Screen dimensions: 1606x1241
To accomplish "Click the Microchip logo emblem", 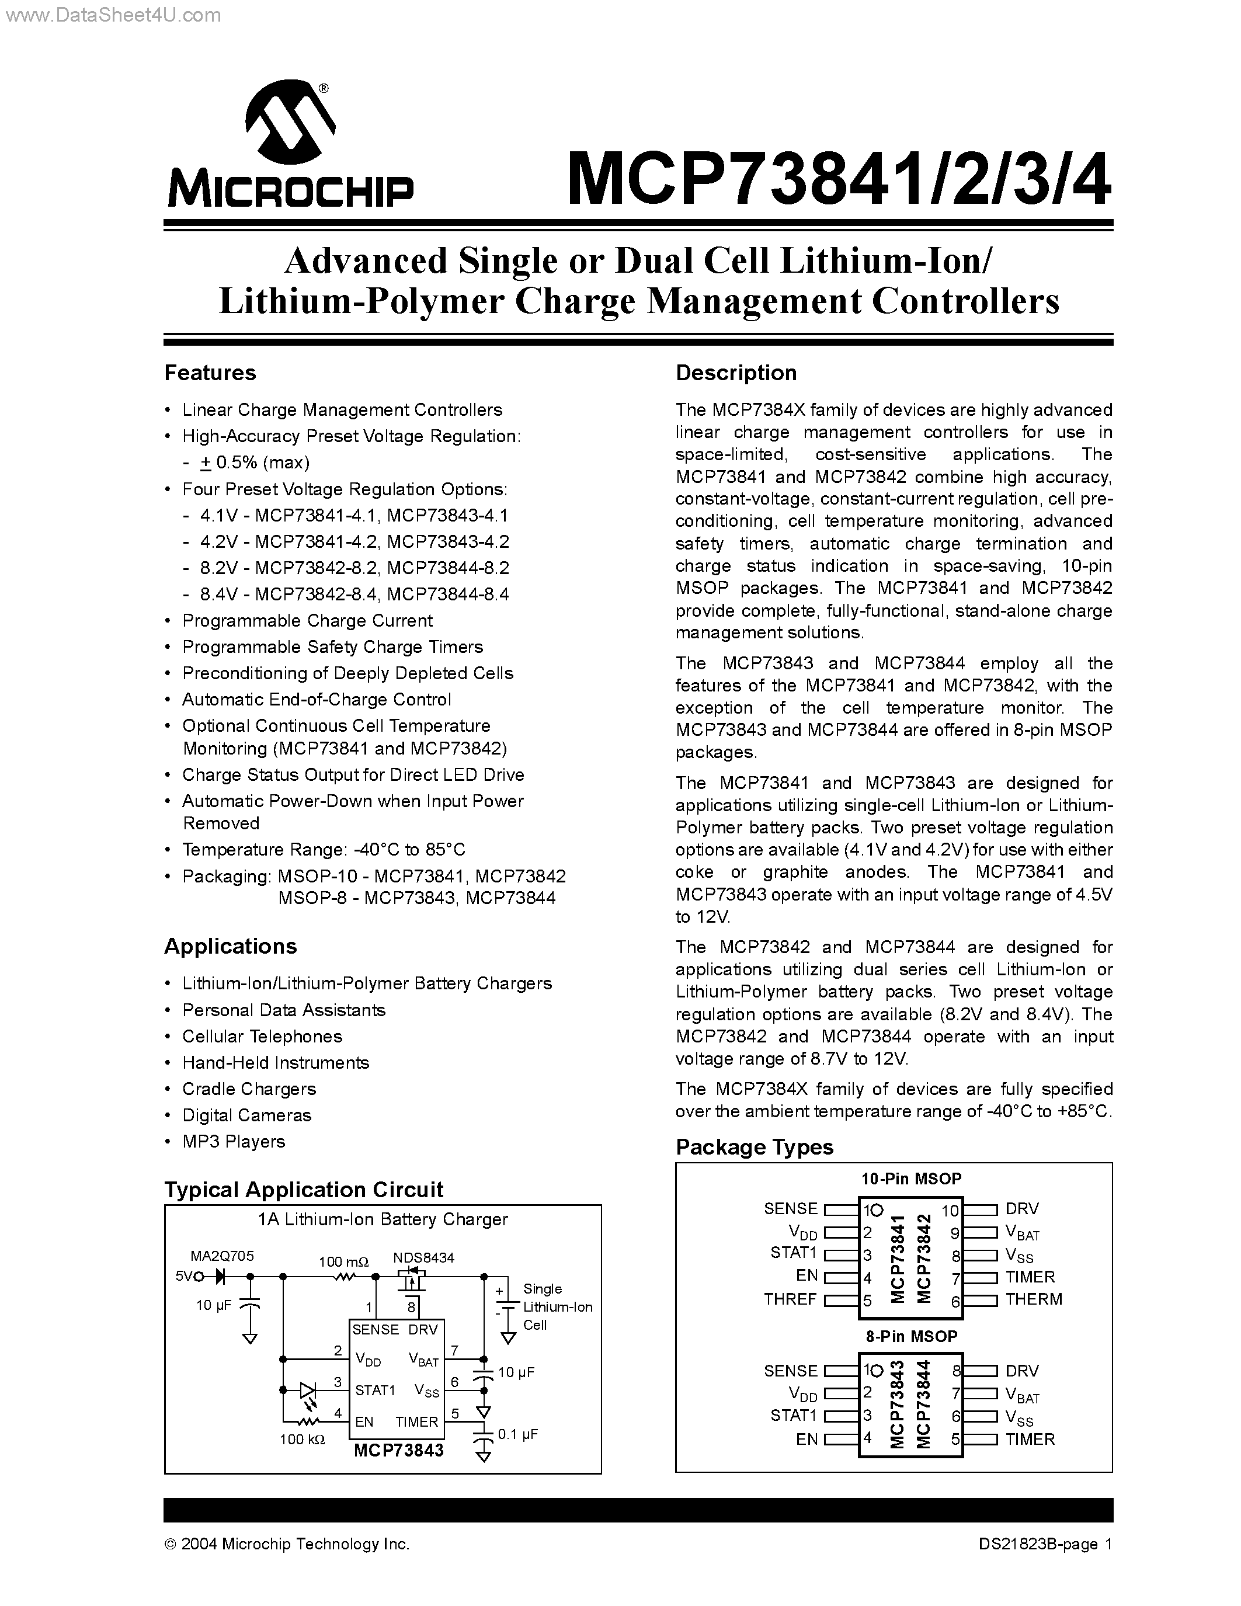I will coord(290,125).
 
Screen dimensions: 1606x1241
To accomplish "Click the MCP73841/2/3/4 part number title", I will coord(838,180).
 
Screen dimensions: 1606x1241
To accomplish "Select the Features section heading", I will coord(210,373).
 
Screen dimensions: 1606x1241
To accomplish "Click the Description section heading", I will coord(736,373).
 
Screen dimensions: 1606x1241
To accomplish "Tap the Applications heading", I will coord(230,947).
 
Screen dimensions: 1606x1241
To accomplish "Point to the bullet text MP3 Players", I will coord(233,1141).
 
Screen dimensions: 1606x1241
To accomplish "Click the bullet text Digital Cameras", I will coord(246,1115).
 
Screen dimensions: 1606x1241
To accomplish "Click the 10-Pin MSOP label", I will coord(911,1179).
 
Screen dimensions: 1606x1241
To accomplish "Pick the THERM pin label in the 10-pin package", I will coord(1033,1299).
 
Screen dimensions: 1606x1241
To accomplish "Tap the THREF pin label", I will coord(790,1299).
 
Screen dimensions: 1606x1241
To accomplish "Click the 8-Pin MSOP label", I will coord(911,1336).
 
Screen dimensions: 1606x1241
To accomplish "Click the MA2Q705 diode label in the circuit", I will coord(222,1256).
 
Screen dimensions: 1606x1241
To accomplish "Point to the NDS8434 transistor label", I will coord(423,1257).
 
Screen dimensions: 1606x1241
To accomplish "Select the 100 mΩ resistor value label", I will coord(343,1262).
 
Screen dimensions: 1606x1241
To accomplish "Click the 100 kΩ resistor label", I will coord(302,1439).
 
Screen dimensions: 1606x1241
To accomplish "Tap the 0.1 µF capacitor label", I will coord(517,1434).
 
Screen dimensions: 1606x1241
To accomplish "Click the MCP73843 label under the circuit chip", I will coord(398,1450).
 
